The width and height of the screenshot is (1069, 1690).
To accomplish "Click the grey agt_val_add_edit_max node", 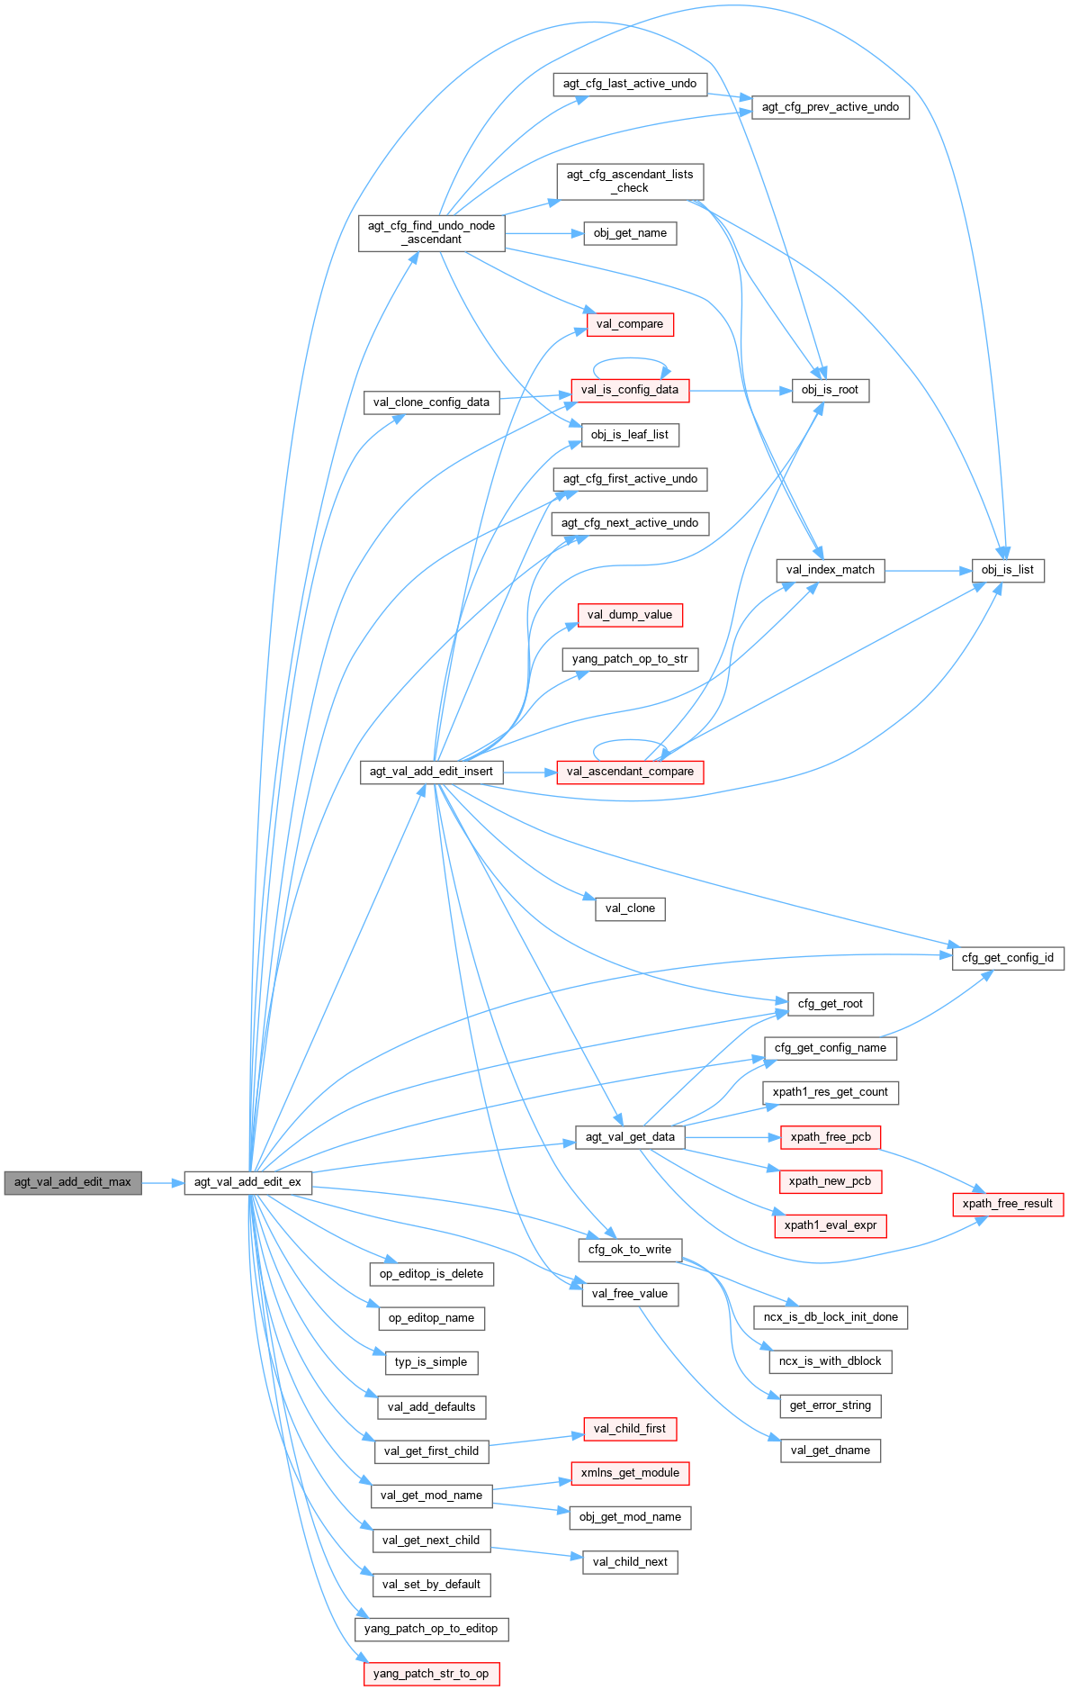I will pos(73,1182).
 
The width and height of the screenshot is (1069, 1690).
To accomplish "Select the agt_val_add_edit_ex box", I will pos(247,1182).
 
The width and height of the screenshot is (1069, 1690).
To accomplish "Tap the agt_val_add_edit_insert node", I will pos(431,772).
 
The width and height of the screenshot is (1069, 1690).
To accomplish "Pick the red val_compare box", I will pos(629,324).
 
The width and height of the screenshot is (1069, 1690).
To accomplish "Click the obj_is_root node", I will pos(830,390).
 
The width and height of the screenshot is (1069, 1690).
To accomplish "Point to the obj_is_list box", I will pos(1007,570).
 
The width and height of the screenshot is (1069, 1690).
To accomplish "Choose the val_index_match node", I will pos(830,570).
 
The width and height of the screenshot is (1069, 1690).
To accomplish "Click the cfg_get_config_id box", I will pos(1007,958).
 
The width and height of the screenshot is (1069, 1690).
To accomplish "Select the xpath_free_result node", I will pos(1007,1204).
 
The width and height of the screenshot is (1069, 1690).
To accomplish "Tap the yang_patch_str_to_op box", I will pos(431,1674).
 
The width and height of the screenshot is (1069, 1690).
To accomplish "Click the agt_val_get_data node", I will pos(630,1137).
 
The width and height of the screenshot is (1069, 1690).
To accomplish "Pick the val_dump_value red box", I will pos(629,615).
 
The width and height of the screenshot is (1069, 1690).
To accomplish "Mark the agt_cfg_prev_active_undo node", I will pos(830,107).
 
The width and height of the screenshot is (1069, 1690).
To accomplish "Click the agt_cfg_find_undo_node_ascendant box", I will pos(431,233).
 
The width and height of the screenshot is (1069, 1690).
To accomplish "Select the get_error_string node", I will pos(830,1405).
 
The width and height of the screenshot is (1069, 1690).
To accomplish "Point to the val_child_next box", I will pos(630,1562).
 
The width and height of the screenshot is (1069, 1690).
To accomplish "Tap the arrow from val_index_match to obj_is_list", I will pos(928,570).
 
